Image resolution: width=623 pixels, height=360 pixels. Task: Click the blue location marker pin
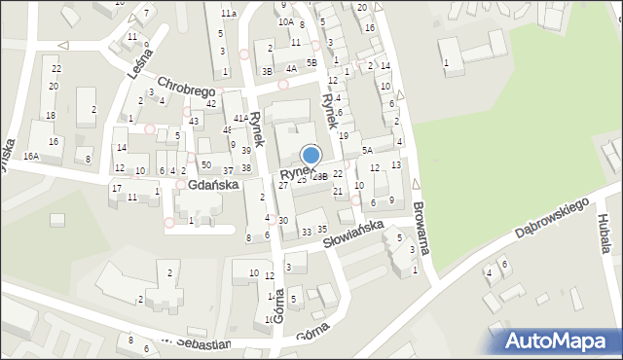[x=311, y=156]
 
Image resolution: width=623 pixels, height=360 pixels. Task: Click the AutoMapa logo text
[x=562, y=341]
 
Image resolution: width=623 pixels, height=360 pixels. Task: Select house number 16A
[x=32, y=156]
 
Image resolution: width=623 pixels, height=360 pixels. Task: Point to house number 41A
[x=240, y=118]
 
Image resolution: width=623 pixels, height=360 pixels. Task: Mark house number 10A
[x=285, y=21]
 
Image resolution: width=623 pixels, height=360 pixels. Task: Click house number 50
[x=205, y=165]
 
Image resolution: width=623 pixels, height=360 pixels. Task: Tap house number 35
[x=322, y=229]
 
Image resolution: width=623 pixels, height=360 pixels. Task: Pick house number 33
[x=307, y=232]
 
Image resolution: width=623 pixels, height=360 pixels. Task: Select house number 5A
[x=367, y=150]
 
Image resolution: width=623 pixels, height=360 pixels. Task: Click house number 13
[x=395, y=165]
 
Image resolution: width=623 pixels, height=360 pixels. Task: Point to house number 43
[x=196, y=121]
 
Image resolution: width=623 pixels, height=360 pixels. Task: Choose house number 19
[x=343, y=135]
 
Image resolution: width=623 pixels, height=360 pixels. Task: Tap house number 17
[x=116, y=188]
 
